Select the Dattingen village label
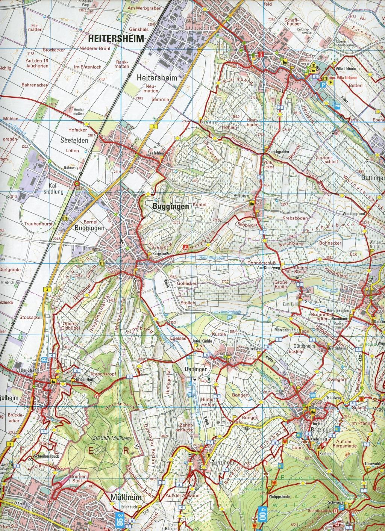[196, 369]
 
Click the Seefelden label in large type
[74, 141]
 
